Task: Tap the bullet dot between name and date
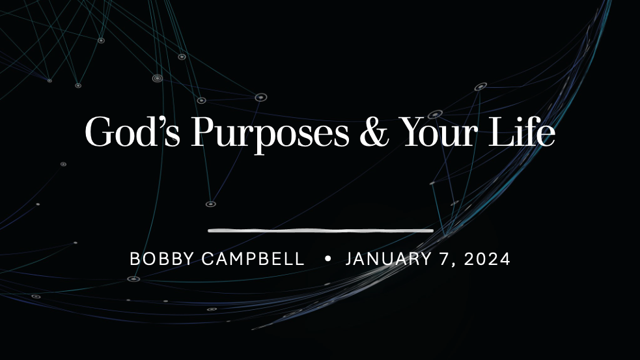tap(327, 259)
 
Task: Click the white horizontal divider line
tap(320, 230)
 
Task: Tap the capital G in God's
tap(98, 133)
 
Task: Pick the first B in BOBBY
tap(135, 259)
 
